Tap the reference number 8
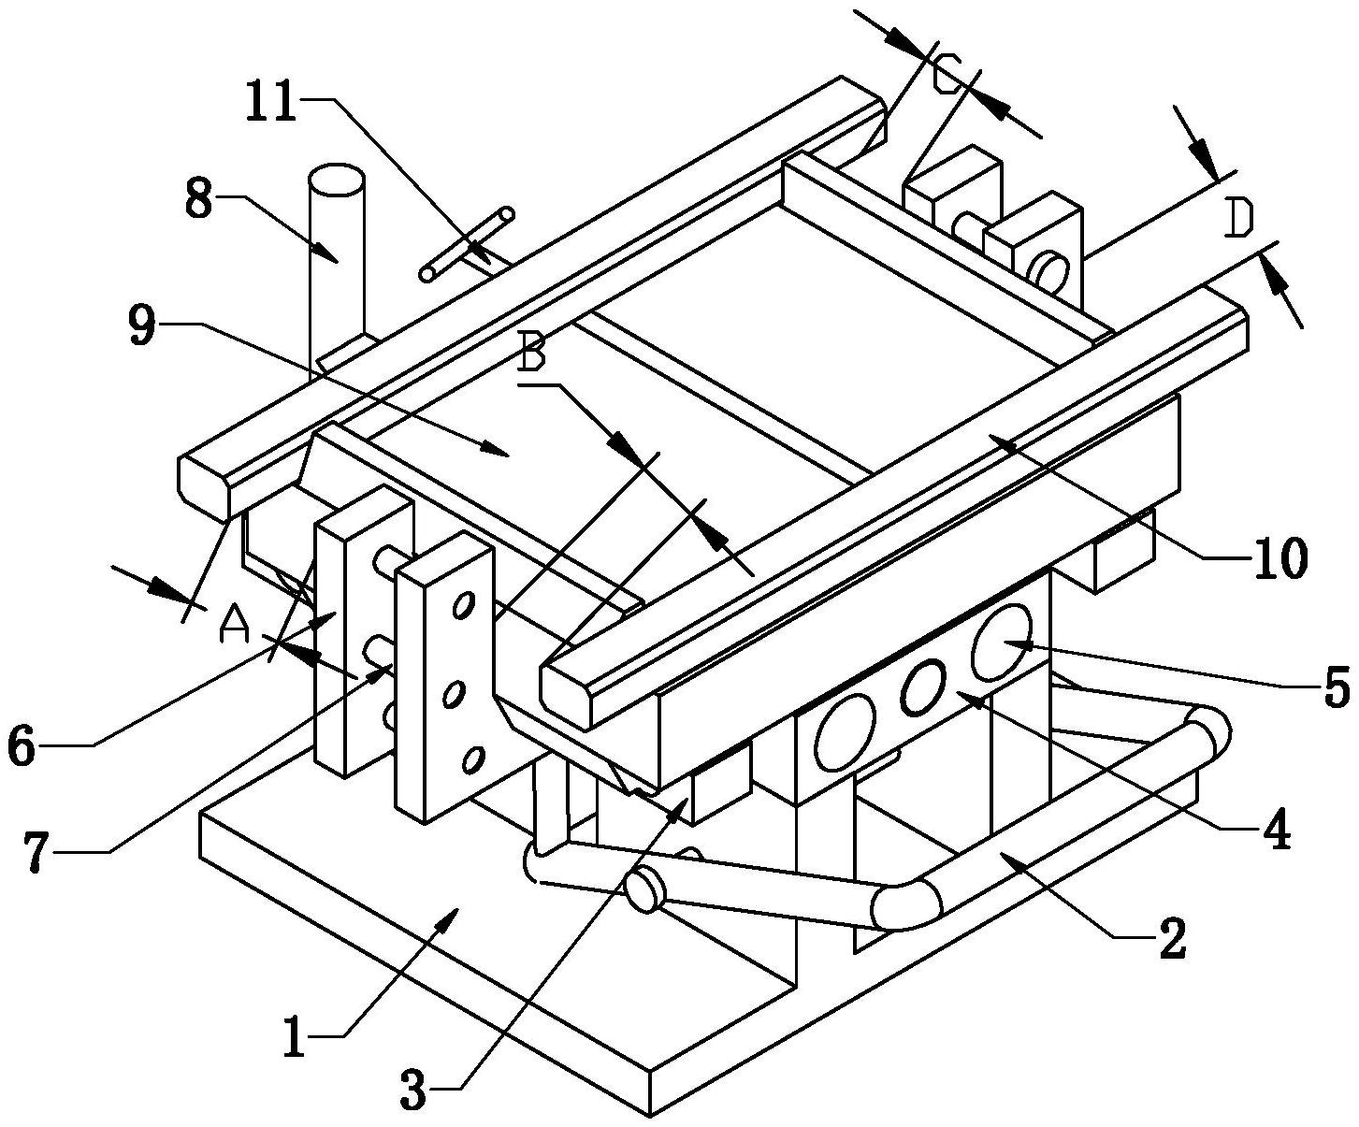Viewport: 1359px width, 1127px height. tap(199, 200)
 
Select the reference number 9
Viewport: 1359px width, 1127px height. tap(142, 325)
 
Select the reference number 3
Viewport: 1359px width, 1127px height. tap(412, 1091)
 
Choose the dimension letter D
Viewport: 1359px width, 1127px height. tap(1238, 219)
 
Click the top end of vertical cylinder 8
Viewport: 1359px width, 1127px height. tap(335, 179)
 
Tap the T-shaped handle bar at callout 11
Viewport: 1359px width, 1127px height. tap(467, 243)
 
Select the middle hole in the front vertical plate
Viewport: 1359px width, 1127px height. tap(453, 695)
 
